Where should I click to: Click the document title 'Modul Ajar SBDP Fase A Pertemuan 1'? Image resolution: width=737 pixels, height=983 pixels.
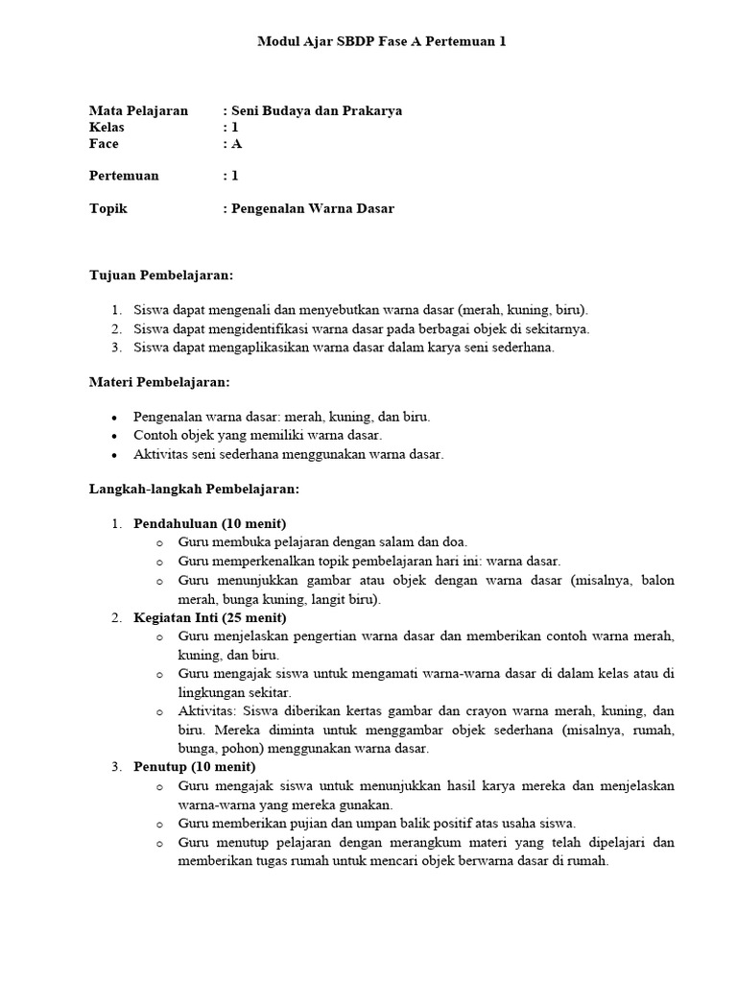(x=382, y=41)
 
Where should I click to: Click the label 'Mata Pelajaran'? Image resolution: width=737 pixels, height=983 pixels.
(x=138, y=110)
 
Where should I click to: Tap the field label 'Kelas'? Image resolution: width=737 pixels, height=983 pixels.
(x=107, y=127)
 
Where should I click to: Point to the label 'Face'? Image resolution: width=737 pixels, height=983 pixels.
(x=105, y=143)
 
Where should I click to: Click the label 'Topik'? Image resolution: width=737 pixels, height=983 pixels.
(x=108, y=208)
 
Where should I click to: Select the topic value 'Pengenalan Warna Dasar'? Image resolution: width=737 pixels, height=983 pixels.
(x=313, y=208)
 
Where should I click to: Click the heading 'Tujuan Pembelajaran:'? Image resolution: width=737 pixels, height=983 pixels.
(x=161, y=275)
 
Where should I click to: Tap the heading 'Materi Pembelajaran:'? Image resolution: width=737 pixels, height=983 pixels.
(x=159, y=382)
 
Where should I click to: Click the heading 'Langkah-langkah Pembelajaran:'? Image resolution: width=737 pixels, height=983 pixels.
(x=195, y=489)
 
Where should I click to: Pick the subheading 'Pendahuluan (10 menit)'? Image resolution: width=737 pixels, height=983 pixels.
(x=202, y=524)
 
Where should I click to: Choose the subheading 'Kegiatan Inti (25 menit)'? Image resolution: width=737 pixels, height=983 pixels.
(x=208, y=617)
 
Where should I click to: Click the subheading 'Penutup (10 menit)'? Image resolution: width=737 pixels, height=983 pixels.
(x=195, y=767)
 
